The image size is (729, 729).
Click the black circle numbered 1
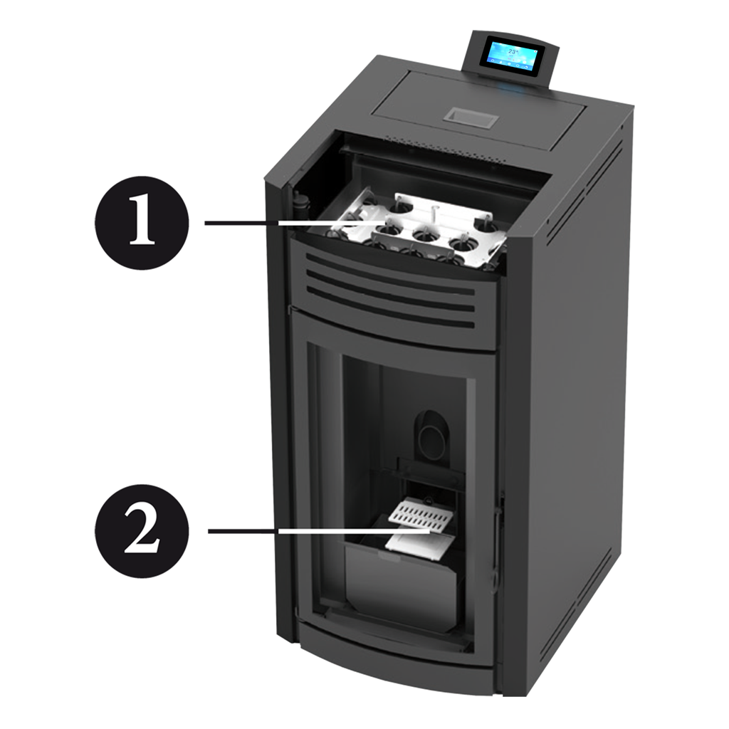(x=142, y=222)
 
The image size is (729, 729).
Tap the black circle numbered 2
(x=142, y=531)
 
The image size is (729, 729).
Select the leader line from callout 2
(x=319, y=530)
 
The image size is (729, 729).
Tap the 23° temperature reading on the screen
(x=513, y=51)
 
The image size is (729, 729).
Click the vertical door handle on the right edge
(x=498, y=535)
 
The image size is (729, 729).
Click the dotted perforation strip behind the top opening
(x=444, y=148)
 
